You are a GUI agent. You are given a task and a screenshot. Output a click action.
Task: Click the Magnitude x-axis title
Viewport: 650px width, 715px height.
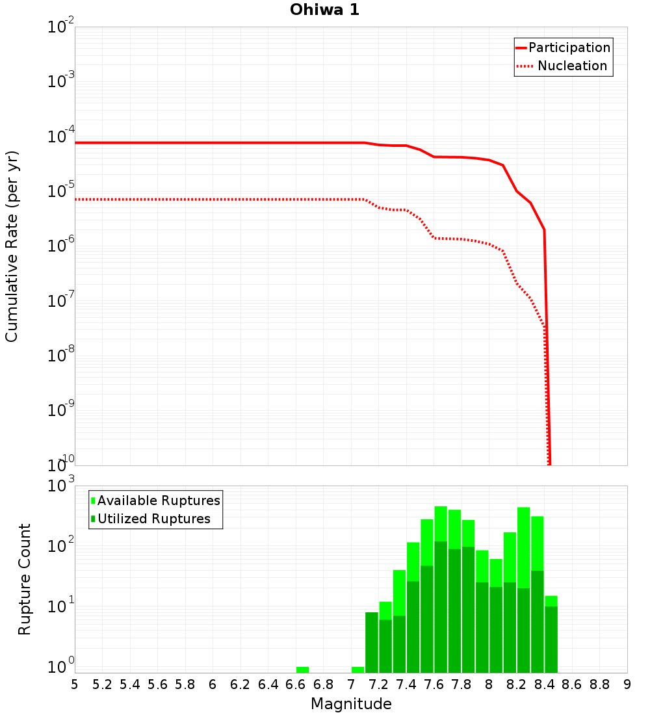coord(351,704)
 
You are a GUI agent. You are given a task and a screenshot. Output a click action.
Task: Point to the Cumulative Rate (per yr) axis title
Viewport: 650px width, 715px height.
coord(12,246)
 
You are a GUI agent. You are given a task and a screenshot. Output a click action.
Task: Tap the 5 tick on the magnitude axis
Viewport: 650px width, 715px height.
coord(75,684)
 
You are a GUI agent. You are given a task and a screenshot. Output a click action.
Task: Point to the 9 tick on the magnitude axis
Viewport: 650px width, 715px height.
coord(627,684)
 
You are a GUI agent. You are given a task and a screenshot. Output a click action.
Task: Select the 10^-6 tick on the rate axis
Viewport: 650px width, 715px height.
coord(61,246)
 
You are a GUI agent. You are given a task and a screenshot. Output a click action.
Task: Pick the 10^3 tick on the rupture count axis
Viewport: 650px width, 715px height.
coord(61,486)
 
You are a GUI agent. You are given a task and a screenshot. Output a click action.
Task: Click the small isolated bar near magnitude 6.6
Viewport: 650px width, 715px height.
coord(302,669)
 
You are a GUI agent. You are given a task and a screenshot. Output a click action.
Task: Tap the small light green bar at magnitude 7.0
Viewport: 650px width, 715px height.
coord(357,669)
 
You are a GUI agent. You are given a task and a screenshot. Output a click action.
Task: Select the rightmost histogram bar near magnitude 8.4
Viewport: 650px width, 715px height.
coord(551,634)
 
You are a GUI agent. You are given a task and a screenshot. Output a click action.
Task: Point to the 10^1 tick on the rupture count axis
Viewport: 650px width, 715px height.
coord(61,607)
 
